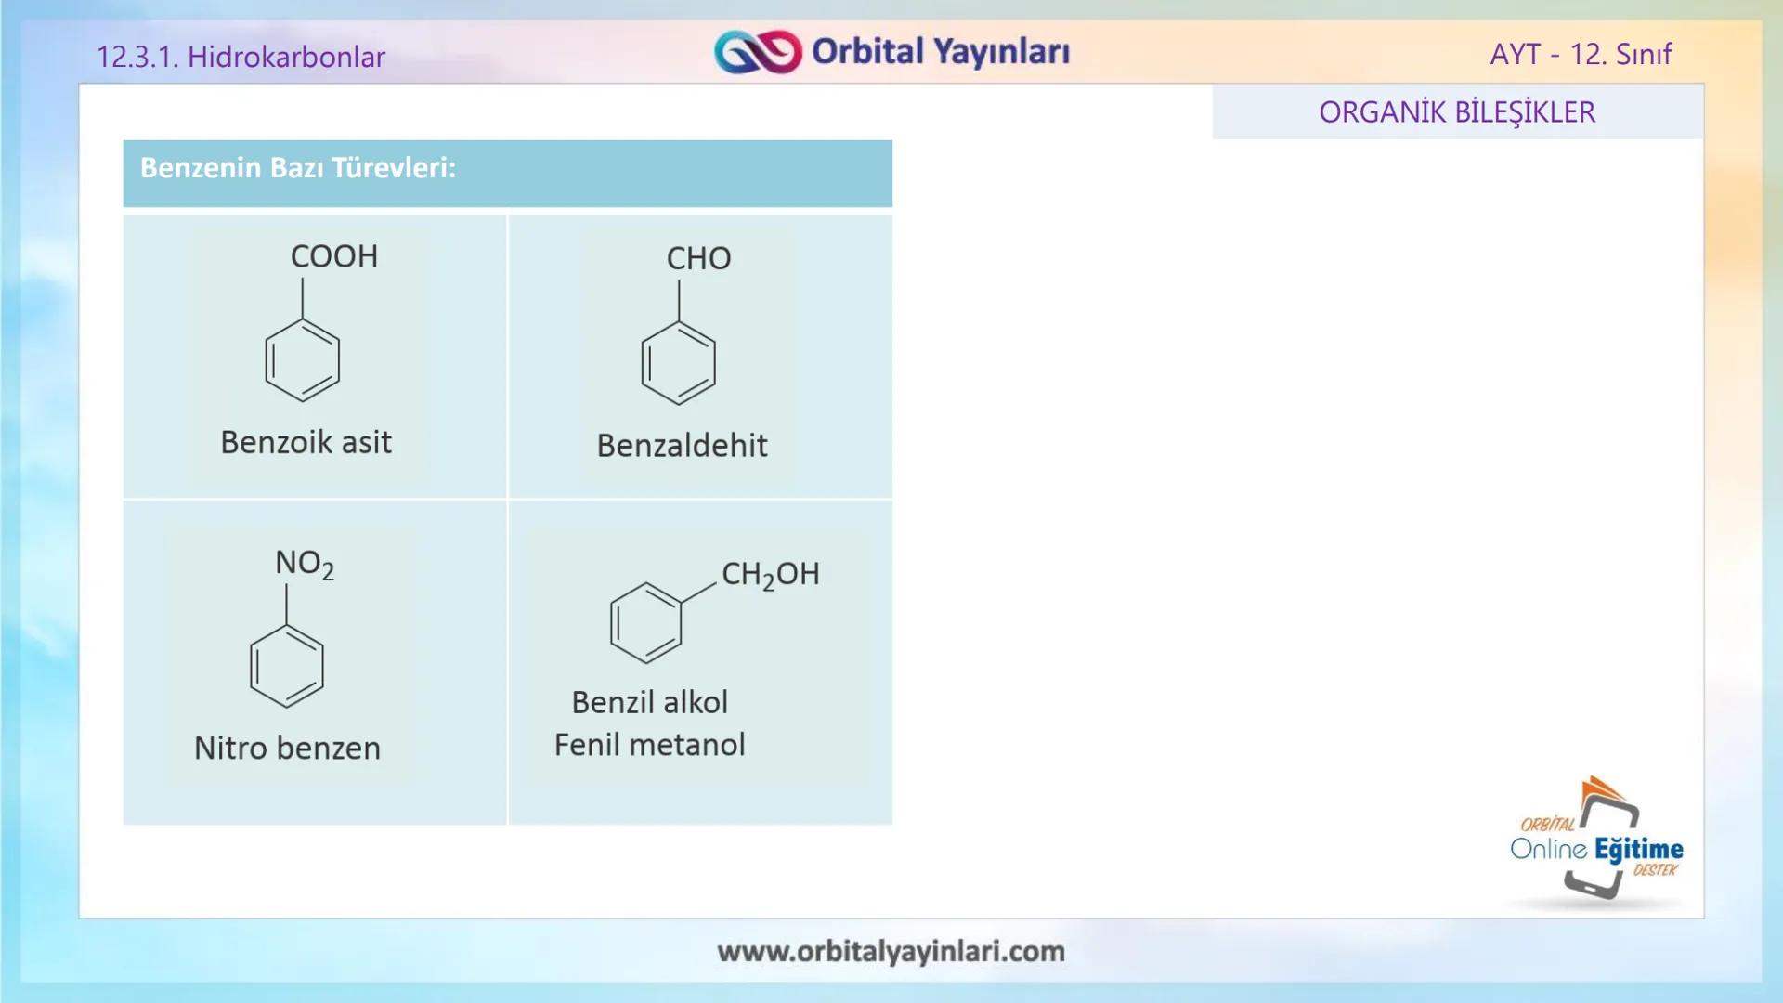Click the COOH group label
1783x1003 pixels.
[334, 256]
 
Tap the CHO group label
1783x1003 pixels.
[698, 258]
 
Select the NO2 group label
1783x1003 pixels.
[304, 564]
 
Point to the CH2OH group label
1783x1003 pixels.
[770, 574]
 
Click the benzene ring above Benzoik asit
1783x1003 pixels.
[303, 360]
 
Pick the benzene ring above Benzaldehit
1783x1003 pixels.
[679, 363]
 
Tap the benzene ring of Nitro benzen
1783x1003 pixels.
[287, 666]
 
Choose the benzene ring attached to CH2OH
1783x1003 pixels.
[645, 623]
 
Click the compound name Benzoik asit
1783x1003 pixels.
[306, 442]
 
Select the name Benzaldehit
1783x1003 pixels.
[682, 446]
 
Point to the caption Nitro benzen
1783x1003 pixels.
[287, 748]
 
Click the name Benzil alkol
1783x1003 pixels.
[649, 702]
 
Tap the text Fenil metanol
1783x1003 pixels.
[649, 745]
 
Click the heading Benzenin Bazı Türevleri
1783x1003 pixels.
[298, 168]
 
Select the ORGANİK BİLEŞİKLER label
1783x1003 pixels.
[1457, 112]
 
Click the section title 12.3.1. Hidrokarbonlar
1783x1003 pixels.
[241, 57]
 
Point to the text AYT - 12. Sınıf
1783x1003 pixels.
[1581, 54]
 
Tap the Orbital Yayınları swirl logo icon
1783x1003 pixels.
[757, 52]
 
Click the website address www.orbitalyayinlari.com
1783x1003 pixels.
[891, 951]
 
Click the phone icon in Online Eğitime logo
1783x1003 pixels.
[1602, 845]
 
